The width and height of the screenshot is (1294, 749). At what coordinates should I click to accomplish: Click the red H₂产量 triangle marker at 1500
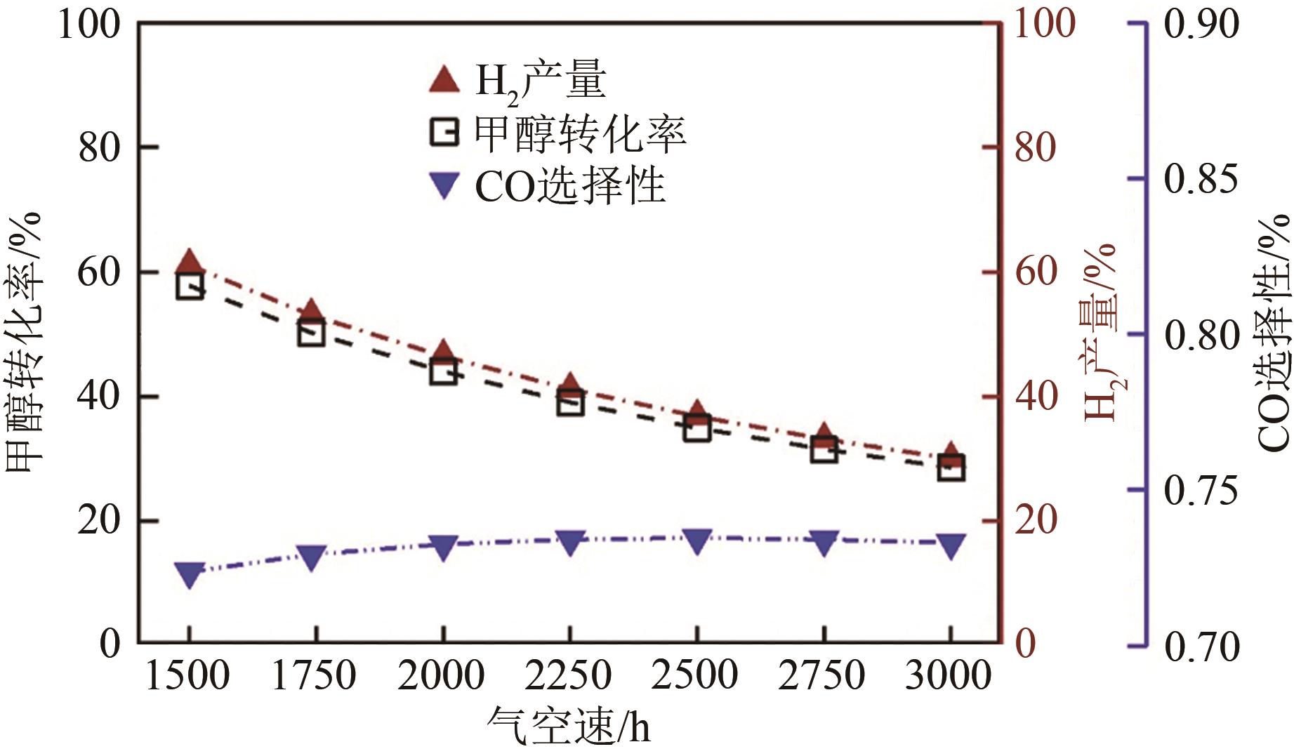point(189,263)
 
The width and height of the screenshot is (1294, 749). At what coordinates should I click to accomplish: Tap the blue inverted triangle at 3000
point(951,545)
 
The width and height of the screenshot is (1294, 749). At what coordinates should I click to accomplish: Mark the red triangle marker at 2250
point(570,385)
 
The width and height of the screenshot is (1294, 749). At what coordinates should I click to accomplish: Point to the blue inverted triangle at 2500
point(696,541)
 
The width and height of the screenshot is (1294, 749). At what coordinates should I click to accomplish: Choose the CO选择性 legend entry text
point(570,186)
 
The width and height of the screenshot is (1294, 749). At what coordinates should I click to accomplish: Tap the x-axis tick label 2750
point(822,676)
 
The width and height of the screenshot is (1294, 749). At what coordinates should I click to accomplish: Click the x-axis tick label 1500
point(187,676)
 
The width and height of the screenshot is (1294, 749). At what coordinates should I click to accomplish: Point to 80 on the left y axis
point(98,148)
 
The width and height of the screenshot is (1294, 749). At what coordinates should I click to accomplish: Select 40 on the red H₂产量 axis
point(1036,397)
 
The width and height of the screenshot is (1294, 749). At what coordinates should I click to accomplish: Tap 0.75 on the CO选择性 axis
point(1201,491)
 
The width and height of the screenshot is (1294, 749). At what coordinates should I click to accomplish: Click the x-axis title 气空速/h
point(569,727)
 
